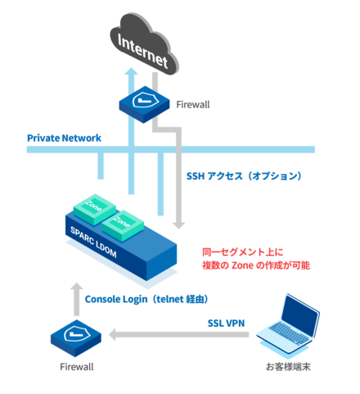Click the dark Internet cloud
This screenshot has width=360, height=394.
click(x=144, y=43)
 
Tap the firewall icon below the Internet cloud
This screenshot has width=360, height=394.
click(x=144, y=105)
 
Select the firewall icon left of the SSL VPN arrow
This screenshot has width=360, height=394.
click(x=76, y=338)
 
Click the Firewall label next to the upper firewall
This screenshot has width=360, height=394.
click(x=193, y=105)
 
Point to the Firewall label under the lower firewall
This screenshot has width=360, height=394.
click(x=77, y=367)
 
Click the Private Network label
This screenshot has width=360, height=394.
click(x=64, y=138)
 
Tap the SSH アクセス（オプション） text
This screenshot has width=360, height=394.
click(x=244, y=176)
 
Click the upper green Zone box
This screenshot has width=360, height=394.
click(x=95, y=209)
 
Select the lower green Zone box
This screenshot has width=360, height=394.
click(x=123, y=225)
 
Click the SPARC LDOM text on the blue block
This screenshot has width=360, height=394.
click(x=93, y=242)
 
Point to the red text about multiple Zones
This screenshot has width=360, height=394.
click(x=256, y=259)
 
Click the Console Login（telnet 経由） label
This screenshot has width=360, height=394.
click(x=146, y=299)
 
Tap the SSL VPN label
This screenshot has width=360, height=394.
click(x=226, y=324)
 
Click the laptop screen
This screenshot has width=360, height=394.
click(x=300, y=314)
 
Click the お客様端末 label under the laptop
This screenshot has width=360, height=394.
click(x=288, y=367)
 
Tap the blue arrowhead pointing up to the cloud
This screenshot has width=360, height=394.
click(x=132, y=71)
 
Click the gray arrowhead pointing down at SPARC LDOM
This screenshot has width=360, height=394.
click(x=178, y=225)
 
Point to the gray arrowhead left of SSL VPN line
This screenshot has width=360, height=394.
click(x=113, y=335)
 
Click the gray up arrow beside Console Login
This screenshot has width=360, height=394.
click(x=77, y=300)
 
